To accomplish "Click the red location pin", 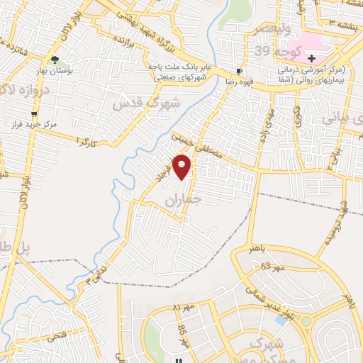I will click(x=182, y=166).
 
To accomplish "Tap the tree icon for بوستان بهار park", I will click(x=55, y=60).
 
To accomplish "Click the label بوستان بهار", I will click(x=55, y=72).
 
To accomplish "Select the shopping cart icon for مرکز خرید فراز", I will click(x=33, y=113).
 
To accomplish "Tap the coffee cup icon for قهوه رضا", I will click(x=239, y=71).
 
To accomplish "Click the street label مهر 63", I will click(x=270, y=267).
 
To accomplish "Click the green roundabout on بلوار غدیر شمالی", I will click(x=306, y=321).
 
